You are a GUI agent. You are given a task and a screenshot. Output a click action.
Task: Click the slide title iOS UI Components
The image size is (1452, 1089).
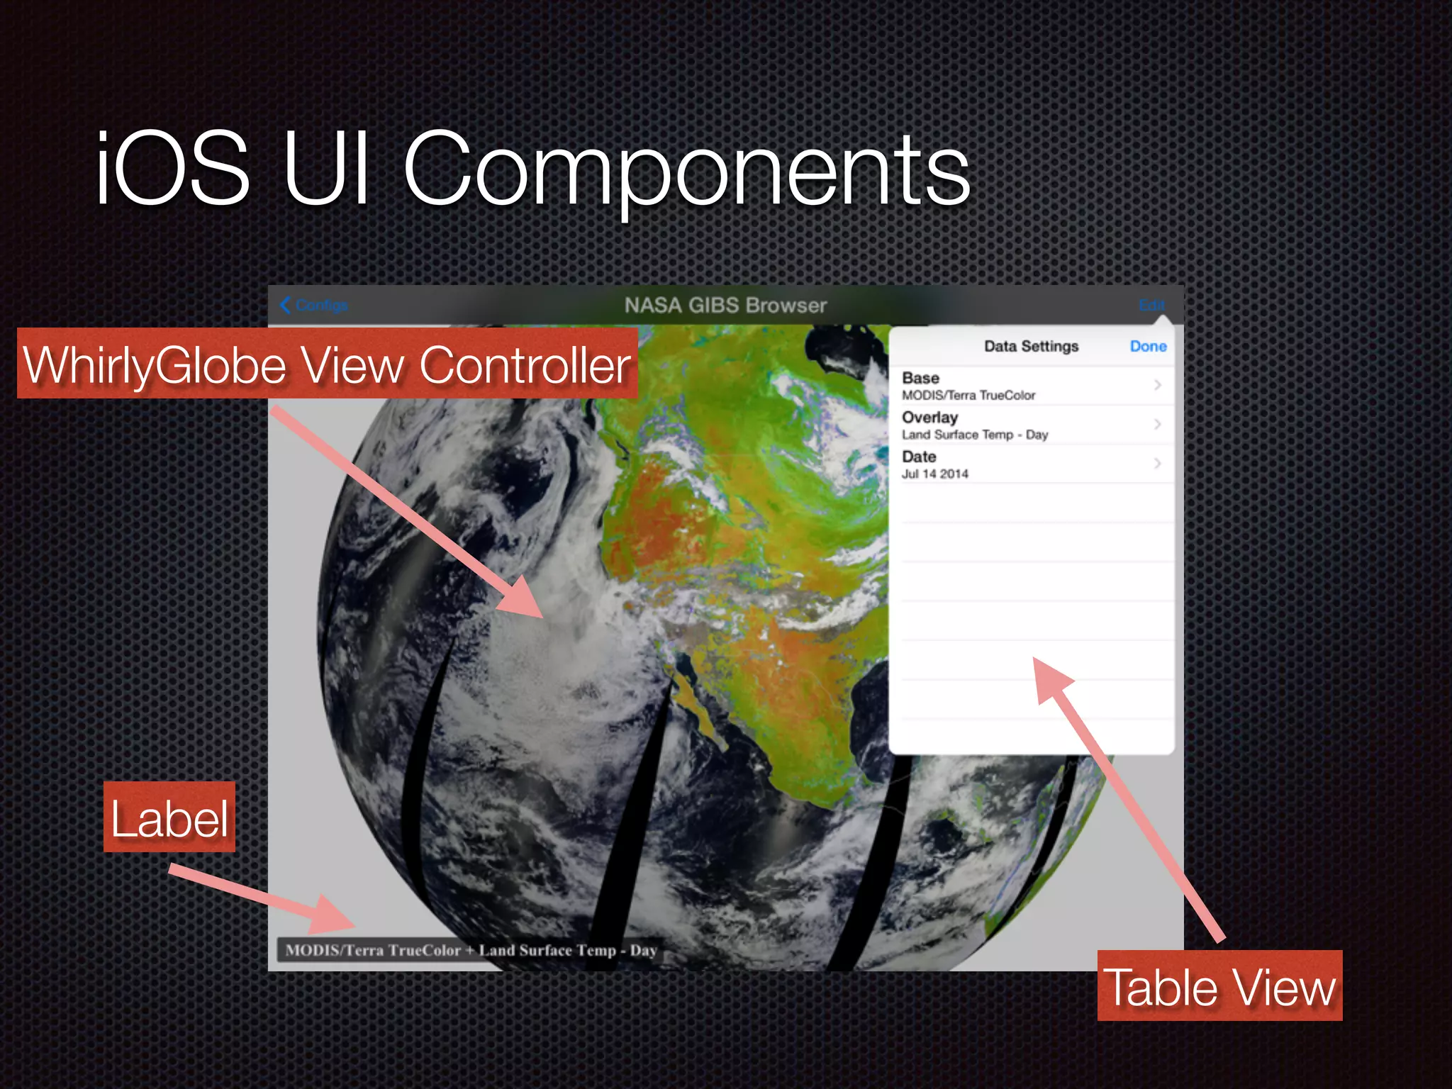click(x=532, y=170)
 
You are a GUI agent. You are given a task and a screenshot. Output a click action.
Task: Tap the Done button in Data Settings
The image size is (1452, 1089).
click(x=1148, y=347)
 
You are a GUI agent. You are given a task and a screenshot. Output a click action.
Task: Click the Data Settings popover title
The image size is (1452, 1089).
click(x=1031, y=347)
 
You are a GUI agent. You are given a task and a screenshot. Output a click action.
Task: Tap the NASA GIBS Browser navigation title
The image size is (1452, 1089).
click(x=725, y=306)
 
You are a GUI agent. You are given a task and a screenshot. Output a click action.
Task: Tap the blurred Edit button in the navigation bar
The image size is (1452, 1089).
click(x=1151, y=305)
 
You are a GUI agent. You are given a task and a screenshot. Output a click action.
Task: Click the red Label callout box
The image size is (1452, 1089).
click(x=169, y=817)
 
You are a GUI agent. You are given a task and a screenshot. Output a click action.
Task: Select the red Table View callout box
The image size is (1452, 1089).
click(x=1219, y=986)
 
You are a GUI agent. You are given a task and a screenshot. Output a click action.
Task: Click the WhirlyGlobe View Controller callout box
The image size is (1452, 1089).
click(x=327, y=364)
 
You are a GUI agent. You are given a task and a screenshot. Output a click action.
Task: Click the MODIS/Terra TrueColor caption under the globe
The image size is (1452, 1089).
click(x=471, y=951)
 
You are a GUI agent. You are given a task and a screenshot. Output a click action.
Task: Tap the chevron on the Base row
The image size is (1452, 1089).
click(x=1157, y=385)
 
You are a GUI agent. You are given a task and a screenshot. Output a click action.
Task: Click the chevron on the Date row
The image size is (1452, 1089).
click(x=1157, y=464)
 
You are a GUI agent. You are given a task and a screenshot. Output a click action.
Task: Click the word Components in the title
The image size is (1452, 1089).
click(x=686, y=170)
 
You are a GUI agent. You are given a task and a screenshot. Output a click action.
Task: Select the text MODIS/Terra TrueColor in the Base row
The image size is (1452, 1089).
click(x=968, y=396)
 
